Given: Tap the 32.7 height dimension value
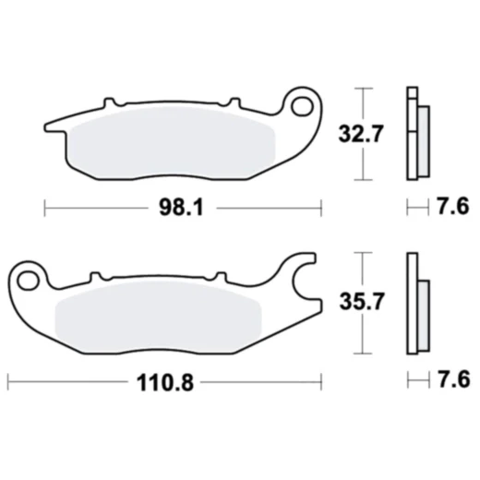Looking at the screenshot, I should coord(361,133).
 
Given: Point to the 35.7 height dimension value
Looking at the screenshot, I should coord(361,300).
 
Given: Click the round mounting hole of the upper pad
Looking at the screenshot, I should coord(302,106).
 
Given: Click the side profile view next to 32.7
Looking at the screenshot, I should coord(415,133).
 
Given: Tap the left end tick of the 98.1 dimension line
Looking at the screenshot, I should coord(45,208).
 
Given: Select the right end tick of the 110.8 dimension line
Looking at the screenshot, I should coord(320,380).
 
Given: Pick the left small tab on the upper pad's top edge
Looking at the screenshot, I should coord(110,99).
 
